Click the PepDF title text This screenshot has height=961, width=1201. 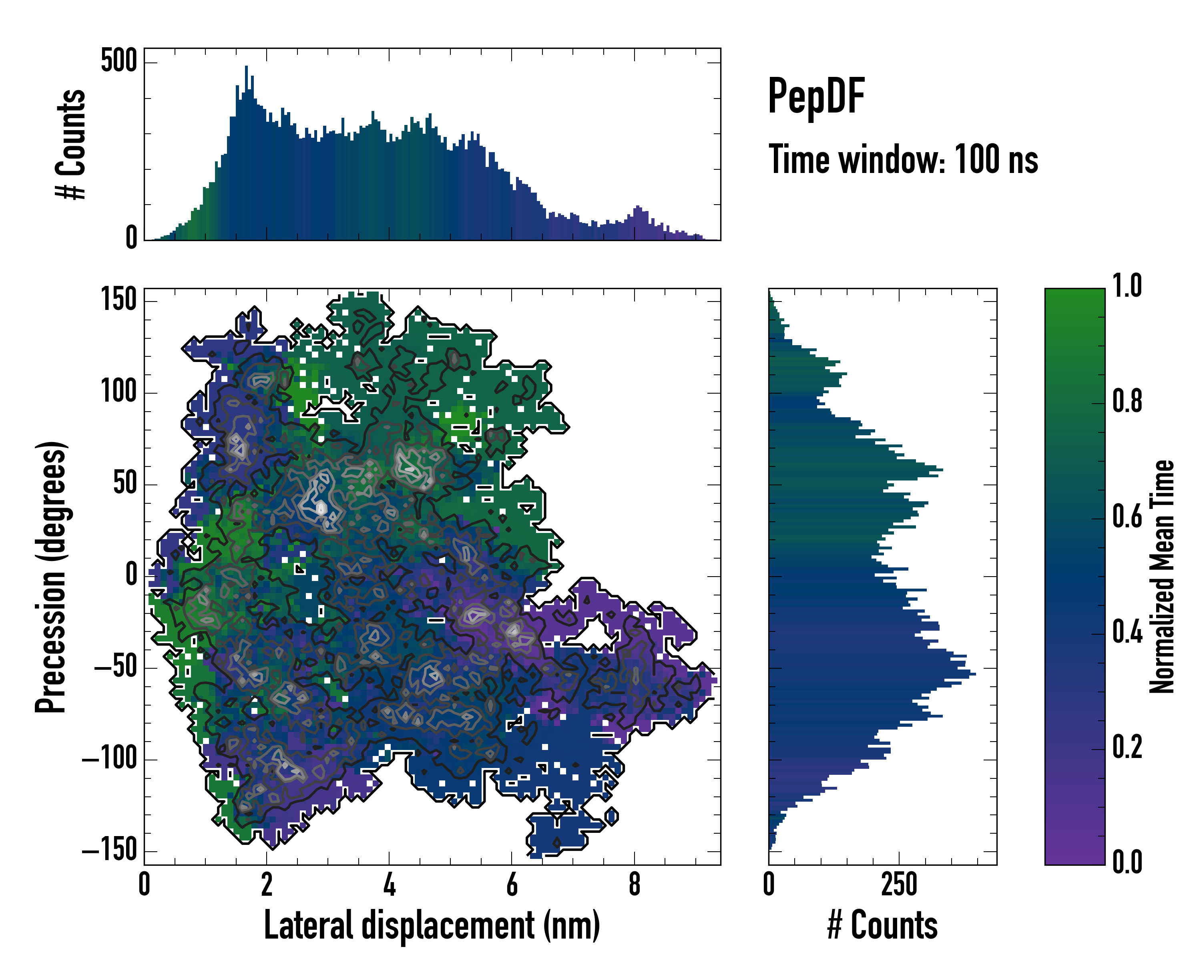click(815, 97)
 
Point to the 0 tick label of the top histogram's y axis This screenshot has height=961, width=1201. click(131, 238)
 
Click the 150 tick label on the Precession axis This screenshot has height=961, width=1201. click(118, 300)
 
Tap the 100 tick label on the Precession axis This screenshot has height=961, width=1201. click(118, 392)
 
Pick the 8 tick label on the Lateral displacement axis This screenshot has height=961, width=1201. click(635, 885)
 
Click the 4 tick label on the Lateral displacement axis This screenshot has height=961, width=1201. click(390, 885)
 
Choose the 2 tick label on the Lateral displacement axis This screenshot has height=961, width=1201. click(267, 885)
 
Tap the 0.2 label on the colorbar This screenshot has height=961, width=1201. click(1127, 747)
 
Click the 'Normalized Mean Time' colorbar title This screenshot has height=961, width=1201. click(1162, 577)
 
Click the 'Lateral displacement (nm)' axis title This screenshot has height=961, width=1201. click(432, 925)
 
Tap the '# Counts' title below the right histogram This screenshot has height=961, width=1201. click(882, 925)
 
